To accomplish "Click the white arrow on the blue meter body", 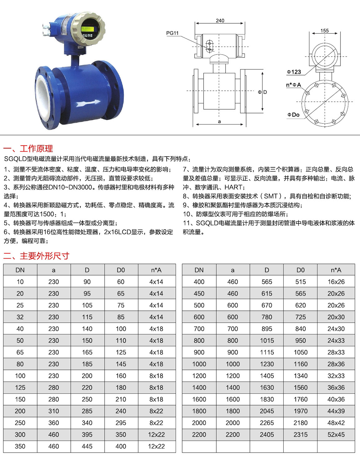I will pyautogui.click(x=88, y=102).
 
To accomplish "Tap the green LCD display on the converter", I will pyautogui.click(x=87, y=29).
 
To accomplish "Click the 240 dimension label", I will pyautogui.click(x=220, y=20).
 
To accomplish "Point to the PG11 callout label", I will pyautogui.click(x=172, y=33).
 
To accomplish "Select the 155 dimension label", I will pyautogui.click(x=325, y=30).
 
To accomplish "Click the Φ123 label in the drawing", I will pyautogui.click(x=294, y=72).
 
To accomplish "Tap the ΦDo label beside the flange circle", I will pyautogui.click(x=293, y=115).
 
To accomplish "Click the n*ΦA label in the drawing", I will pyautogui.click(x=294, y=85).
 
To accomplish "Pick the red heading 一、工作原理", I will pyautogui.click(x=28, y=148).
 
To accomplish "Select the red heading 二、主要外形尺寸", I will pyautogui.click(x=36, y=256).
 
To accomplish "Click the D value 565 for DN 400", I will pyautogui.click(x=267, y=282).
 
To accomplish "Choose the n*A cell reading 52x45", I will pyautogui.click(x=336, y=435).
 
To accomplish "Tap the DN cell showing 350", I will pyautogui.click(x=20, y=447).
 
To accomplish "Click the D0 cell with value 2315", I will pyautogui.click(x=300, y=435).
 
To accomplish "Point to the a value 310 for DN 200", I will pyautogui.click(x=54, y=411).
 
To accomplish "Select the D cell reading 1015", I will pyautogui.click(x=267, y=341).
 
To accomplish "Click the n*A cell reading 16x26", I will pyautogui.click(x=336, y=282).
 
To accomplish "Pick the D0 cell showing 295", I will pyautogui.click(x=121, y=423).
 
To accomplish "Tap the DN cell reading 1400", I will pyautogui.click(x=199, y=388).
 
